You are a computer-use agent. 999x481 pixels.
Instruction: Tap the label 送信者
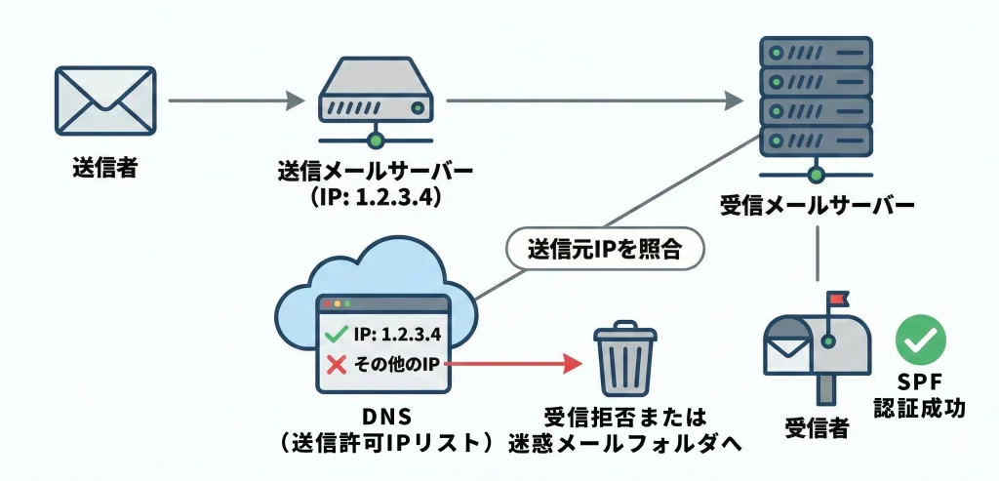[104, 167]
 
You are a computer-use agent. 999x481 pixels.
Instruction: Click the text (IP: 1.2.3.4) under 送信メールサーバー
[375, 197]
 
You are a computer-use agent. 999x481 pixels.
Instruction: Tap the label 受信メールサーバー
[817, 207]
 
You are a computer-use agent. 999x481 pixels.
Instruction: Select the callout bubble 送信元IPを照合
[605, 250]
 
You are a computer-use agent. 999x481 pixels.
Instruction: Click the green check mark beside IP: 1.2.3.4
[336, 335]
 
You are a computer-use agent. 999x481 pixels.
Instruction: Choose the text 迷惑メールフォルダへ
[625, 442]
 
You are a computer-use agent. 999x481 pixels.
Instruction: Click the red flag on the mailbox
[837, 300]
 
